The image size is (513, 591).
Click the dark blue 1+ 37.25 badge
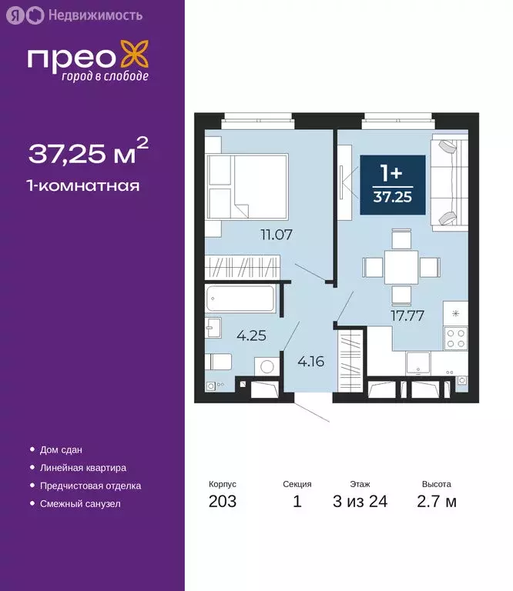pyautogui.click(x=392, y=185)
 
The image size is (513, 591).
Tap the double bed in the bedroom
pyautogui.click(x=246, y=185)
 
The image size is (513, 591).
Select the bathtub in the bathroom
pyautogui.click(x=240, y=299)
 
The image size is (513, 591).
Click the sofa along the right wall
pyautogui.click(x=448, y=183)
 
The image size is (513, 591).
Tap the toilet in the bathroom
pyautogui.click(x=220, y=361)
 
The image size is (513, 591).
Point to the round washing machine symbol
pyautogui.click(x=267, y=367)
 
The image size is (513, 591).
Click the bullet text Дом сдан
pyautogui.click(x=61, y=449)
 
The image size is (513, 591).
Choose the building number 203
pyautogui.click(x=222, y=503)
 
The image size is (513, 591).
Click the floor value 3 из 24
pyautogui.click(x=360, y=503)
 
